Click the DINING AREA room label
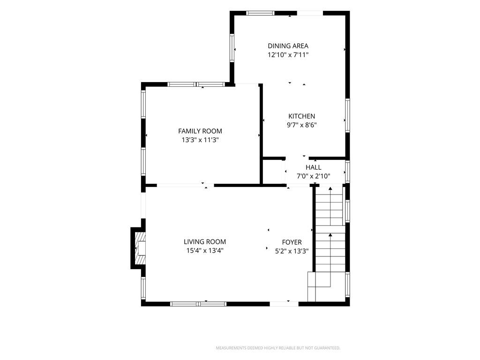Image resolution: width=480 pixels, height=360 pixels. point(288,46)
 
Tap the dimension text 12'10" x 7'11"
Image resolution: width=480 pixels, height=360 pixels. point(288,55)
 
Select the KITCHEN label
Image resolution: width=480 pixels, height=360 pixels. point(301,116)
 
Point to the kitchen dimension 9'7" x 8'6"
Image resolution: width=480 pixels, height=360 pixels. point(301,125)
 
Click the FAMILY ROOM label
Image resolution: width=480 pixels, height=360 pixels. point(200,131)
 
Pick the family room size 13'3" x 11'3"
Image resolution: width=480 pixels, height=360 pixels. point(200,140)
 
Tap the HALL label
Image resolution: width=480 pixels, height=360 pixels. point(314,167)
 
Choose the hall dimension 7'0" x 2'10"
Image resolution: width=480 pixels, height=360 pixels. point(314,176)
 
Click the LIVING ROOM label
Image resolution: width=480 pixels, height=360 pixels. point(205,242)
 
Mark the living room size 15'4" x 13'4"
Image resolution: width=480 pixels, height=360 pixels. point(205,251)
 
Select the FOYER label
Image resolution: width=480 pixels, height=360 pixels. point(292,242)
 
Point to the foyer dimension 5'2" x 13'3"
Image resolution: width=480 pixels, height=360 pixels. point(292,251)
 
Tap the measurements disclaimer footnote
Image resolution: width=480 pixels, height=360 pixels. point(278,348)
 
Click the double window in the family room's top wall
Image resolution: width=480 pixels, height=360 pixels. point(196,84)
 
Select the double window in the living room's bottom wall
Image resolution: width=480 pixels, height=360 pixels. point(198,304)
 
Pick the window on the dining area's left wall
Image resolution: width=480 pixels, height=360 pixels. point(232,48)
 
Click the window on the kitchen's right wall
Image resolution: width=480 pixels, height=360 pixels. point(347,115)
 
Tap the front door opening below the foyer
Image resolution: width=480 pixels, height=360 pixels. point(284,304)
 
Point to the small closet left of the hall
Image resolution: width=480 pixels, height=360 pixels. point(273,172)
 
